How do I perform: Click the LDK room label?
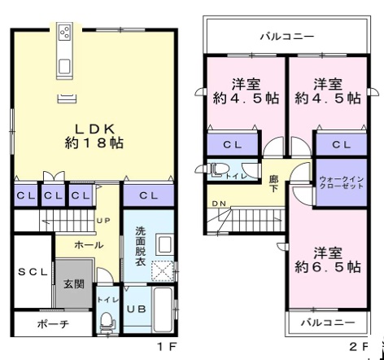[x=94, y=136]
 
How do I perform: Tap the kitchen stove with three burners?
[x=65, y=32]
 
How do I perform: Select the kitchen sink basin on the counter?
[x=64, y=66]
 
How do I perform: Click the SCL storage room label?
[x=33, y=272]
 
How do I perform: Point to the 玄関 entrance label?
[x=74, y=284]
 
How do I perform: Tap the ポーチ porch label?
[x=54, y=323]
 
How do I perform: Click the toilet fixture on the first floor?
[x=107, y=322]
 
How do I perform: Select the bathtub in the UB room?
[x=163, y=310]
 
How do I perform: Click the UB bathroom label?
[x=137, y=309]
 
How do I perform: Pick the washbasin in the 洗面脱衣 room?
[x=164, y=244]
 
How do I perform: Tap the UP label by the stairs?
[x=103, y=221]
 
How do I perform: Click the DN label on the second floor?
[x=219, y=204]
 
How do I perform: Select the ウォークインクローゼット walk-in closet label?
[x=342, y=182]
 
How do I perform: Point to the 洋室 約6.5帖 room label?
[x=328, y=260]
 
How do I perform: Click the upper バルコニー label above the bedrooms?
[x=287, y=37]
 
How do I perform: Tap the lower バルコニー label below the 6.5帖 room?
[x=328, y=323]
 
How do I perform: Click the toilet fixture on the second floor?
[x=218, y=169]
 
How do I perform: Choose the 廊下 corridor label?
[x=273, y=183]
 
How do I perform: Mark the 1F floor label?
[x=168, y=347]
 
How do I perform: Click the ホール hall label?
[x=89, y=245]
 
